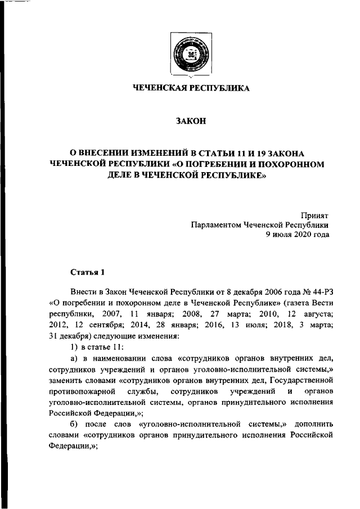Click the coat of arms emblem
pyautogui.click(x=191, y=56)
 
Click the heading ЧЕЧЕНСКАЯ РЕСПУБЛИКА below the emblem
pyautogui.click(x=191, y=88)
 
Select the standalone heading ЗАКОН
pyautogui.click(x=191, y=121)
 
